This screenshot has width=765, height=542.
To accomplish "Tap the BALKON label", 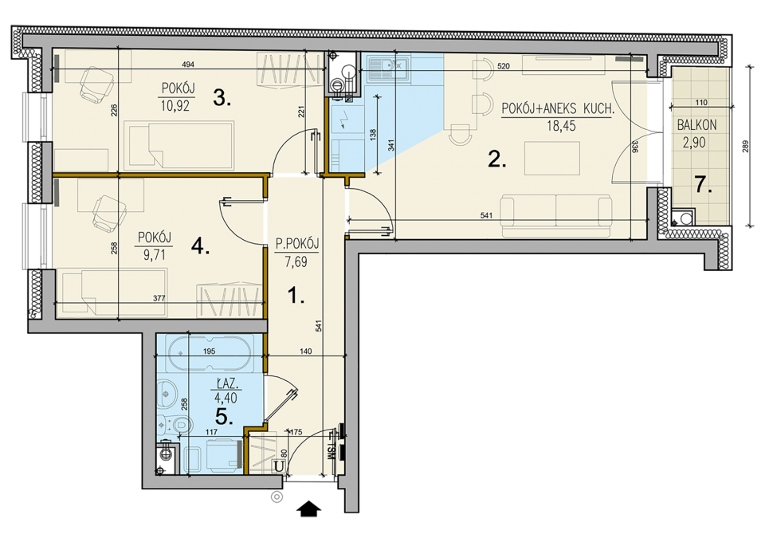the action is click(x=696, y=125).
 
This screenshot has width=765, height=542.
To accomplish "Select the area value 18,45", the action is click(x=561, y=126).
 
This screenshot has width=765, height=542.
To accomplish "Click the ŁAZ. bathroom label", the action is click(x=226, y=383).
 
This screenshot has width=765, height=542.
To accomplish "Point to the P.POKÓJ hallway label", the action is click(x=297, y=244).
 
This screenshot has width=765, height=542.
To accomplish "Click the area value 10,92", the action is click(x=175, y=105).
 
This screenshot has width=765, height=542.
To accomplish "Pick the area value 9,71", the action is click(x=154, y=255).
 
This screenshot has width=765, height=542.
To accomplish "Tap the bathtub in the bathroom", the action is click(x=210, y=354).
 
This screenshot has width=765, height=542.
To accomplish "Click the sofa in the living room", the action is click(x=555, y=210).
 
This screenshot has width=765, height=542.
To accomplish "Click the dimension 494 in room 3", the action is click(x=188, y=65).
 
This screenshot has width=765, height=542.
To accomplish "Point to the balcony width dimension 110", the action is click(x=700, y=103).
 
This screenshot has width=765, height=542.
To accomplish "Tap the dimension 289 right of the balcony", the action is click(x=745, y=147).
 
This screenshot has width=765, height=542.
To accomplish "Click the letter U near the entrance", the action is click(x=279, y=466).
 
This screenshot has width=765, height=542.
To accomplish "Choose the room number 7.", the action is click(x=703, y=186).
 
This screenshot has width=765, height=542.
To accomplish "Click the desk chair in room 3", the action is click(x=96, y=84).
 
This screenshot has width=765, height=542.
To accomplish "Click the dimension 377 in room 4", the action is click(x=159, y=298).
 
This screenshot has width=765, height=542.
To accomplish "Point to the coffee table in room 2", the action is click(x=552, y=158).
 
